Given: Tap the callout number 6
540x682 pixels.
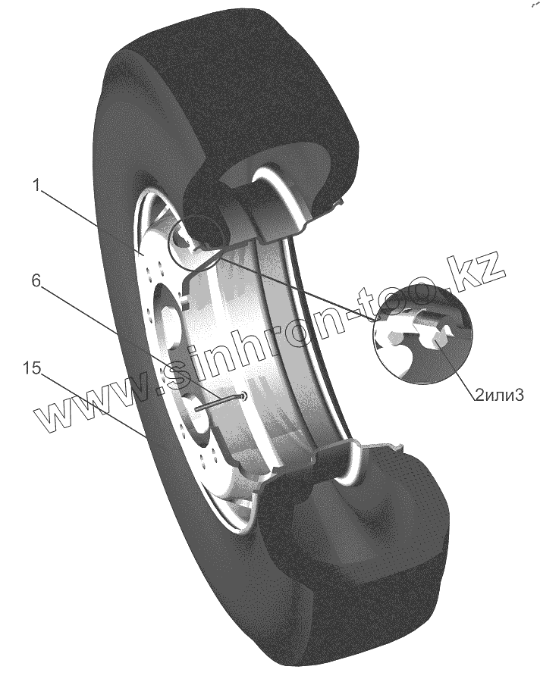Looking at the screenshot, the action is click(x=35, y=280).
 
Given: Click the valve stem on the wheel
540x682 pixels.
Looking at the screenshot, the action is click(x=220, y=401).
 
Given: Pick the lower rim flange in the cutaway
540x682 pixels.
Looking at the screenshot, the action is click(x=334, y=458).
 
